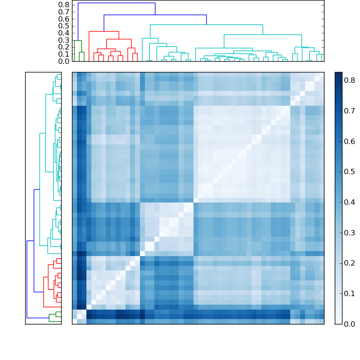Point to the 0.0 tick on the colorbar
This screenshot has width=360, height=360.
pos(342,324)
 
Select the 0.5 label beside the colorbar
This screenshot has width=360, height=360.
pos(350,172)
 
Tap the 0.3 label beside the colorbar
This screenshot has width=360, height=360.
pos(350,233)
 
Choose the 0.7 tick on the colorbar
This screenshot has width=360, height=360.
pos(342,111)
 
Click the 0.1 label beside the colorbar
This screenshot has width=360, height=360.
pos(350,294)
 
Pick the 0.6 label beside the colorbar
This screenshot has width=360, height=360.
pos(350,141)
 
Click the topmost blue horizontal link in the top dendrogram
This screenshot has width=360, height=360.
pos(117,3)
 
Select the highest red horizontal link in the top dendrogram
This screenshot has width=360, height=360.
pos(104,31)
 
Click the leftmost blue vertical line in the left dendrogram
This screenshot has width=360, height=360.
pos(27,279)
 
